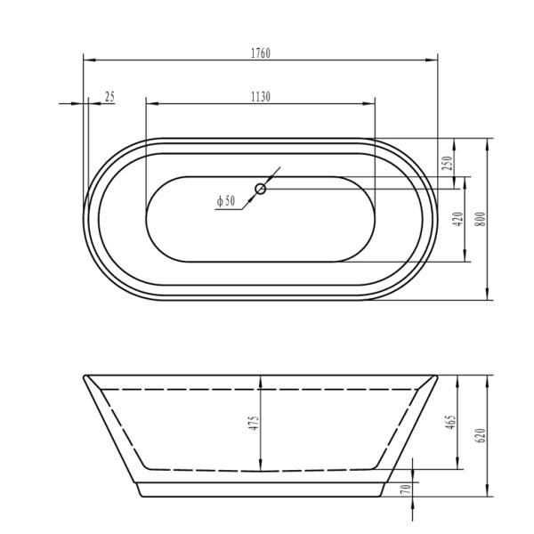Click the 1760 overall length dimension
coord(261,53)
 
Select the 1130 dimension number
coord(260,96)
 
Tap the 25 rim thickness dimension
coord(109,96)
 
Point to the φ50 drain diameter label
coord(226,201)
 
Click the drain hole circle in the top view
coord(261,188)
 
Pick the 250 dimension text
coord(449,163)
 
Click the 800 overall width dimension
coord(481,219)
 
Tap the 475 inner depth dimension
coord(254,424)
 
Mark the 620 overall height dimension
coord(481,435)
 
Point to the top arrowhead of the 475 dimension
coord(260,378)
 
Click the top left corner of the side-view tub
coord(84,375)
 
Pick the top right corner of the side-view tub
coord(438,375)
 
